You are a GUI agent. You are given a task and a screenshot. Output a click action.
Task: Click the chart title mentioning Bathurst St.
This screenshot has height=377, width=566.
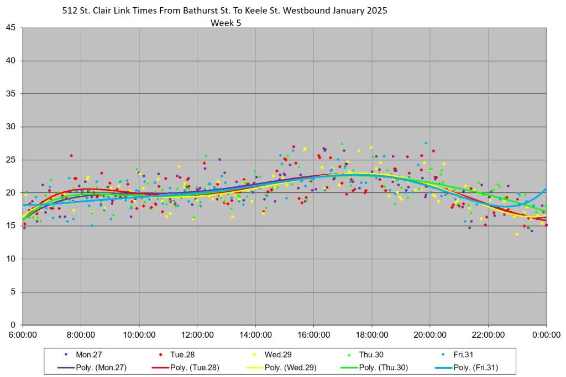(x=225, y=11)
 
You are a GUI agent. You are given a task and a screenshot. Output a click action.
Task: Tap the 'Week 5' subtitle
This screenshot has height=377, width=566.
(x=226, y=23)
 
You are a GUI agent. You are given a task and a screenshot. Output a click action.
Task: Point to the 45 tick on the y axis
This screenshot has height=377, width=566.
(x=12, y=28)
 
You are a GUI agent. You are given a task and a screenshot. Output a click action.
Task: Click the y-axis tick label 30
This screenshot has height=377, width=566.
(x=12, y=127)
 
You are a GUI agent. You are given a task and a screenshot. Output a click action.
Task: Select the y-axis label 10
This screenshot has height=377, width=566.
(x=12, y=259)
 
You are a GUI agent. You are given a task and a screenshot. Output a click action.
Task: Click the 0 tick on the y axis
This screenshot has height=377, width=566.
(x=14, y=324)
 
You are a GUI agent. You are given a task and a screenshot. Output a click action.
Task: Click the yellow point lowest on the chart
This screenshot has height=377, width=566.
(x=517, y=234)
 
